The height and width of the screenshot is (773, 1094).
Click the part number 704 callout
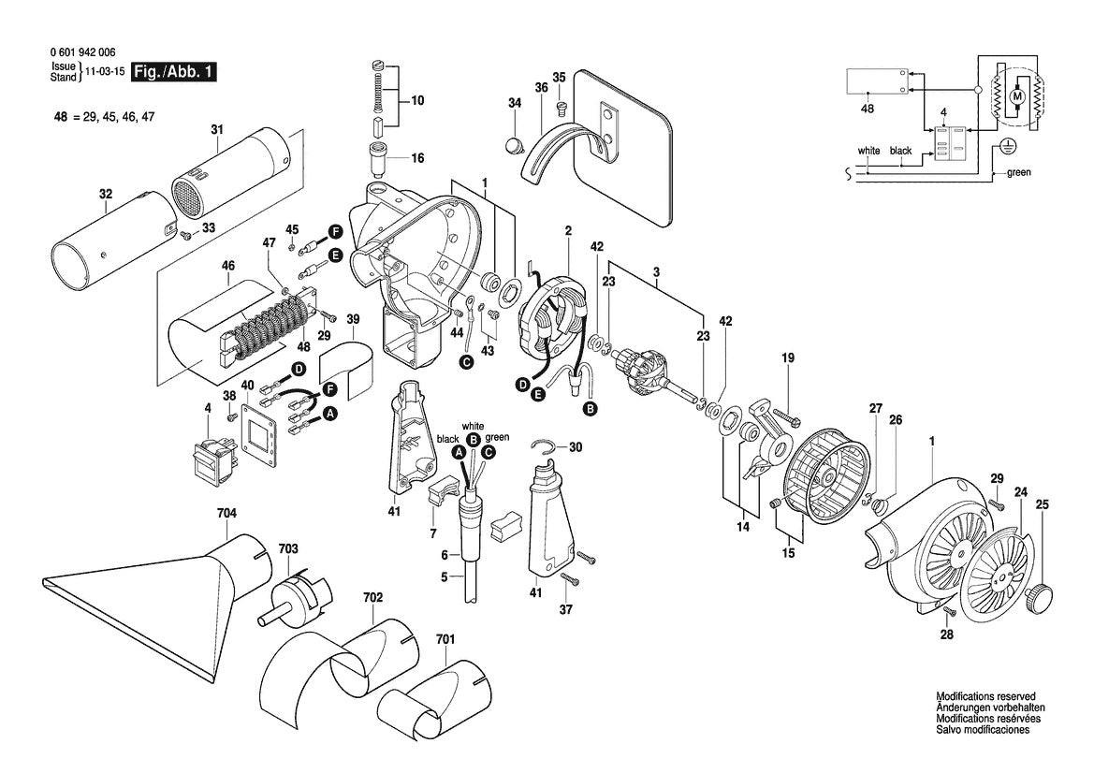click(226, 513)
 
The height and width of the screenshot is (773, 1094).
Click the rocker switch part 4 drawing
click(212, 457)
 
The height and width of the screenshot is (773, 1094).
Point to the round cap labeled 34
click(512, 145)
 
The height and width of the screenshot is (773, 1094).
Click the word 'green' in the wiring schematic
click(1019, 173)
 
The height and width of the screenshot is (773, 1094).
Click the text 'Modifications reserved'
click(985, 697)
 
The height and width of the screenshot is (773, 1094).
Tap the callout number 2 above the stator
click(567, 230)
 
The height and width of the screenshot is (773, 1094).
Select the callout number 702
click(372, 596)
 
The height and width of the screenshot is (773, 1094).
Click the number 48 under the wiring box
click(868, 109)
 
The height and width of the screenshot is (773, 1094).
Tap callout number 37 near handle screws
click(564, 610)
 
